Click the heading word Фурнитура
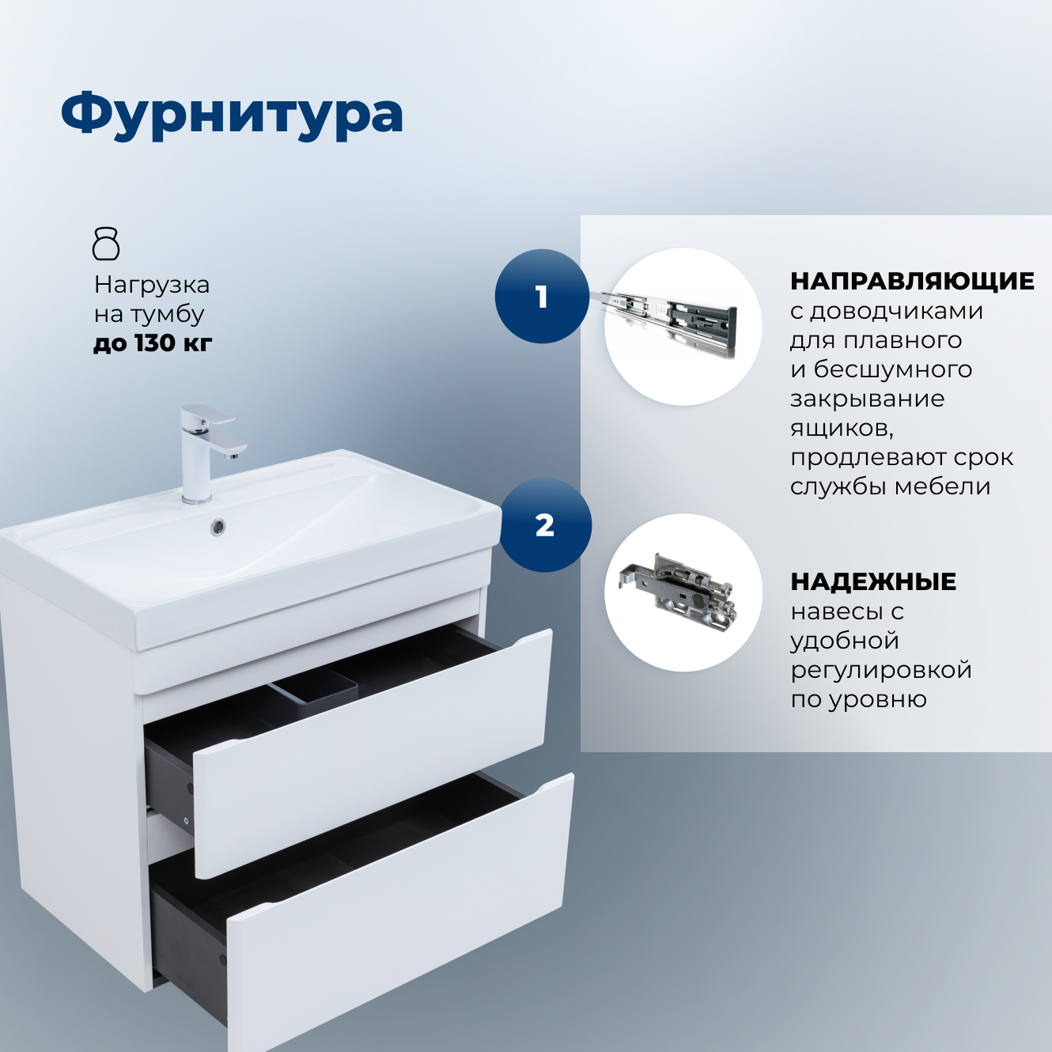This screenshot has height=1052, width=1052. pyautogui.click(x=232, y=115)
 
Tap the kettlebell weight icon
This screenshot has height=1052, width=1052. pyautogui.click(x=106, y=244)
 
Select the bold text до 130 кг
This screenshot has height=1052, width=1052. pyautogui.click(x=153, y=343)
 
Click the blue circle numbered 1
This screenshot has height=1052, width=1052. pyautogui.click(x=542, y=297)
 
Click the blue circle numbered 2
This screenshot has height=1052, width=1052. pyautogui.click(x=545, y=525)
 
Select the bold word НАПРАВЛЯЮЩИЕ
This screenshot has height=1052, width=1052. pyautogui.click(x=912, y=281)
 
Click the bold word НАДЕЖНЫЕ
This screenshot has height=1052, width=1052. pyautogui.click(x=873, y=582)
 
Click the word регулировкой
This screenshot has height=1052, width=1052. pyautogui.click(x=881, y=670)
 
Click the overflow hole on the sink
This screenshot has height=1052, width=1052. pyautogui.click(x=218, y=526)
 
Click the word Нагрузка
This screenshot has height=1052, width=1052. pyautogui.click(x=152, y=285)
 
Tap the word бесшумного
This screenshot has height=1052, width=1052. pyautogui.click(x=893, y=369)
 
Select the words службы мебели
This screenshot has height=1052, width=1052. pyautogui.click(x=890, y=486)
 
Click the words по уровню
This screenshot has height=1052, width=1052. pyautogui.click(x=858, y=699)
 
